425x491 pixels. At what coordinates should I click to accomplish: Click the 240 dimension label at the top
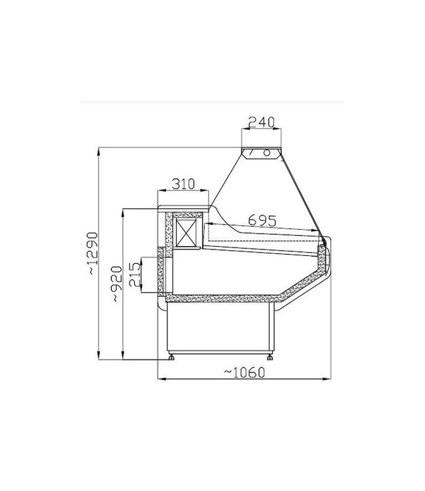tap(261, 122)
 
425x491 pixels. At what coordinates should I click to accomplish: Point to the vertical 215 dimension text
tap(134, 275)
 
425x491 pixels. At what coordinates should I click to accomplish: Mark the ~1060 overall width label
tap(243, 373)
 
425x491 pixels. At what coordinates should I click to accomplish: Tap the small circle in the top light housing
tap(267, 153)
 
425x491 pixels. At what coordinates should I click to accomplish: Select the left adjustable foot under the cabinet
tap(173, 357)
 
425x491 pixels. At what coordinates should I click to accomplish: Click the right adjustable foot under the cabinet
tap(270, 357)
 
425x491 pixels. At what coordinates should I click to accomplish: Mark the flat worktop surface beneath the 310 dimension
tap(183, 209)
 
